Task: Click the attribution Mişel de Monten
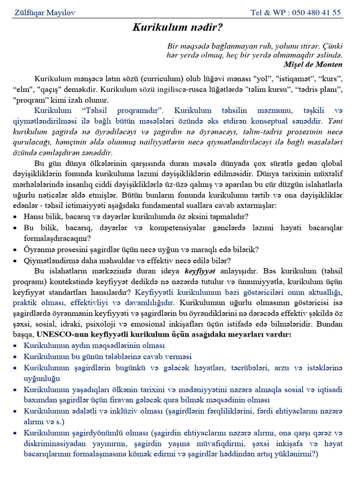tap(313, 64)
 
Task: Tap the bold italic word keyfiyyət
tap(200, 270)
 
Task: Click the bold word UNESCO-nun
tap(59, 334)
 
